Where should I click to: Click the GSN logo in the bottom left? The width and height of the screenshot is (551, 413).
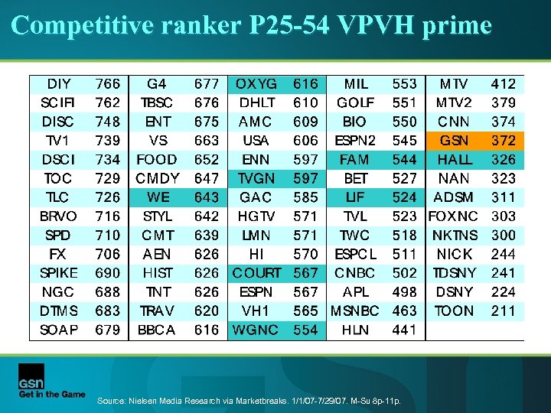(x=31, y=377)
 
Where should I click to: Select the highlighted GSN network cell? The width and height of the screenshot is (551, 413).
(x=455, y=141)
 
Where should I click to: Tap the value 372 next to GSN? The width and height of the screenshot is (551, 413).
(x=504, y=141)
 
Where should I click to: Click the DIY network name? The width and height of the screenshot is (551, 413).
(x=59, y=84)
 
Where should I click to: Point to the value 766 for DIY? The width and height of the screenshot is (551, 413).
(x=108, y=84)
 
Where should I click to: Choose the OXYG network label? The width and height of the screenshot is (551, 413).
(x=256, y=84)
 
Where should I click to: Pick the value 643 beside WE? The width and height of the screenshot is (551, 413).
(x=207, y=197)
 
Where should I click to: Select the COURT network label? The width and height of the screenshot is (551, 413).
(x=256, y=273)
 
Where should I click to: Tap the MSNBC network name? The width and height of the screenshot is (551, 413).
(x=356, y=311)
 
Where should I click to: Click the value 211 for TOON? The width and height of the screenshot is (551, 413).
(x=504, y=311)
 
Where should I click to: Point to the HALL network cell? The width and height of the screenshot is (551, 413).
(x=455, y=160)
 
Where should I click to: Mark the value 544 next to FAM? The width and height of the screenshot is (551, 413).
(x=405, y=160)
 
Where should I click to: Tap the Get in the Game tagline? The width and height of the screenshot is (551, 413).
(x=52, y=395)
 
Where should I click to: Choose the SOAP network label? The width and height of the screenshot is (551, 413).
(x=59, y=330)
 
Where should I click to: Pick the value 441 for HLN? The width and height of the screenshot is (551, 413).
(x=405, y=330)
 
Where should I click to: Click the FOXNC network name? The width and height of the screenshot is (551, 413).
(x=455, y=216)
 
